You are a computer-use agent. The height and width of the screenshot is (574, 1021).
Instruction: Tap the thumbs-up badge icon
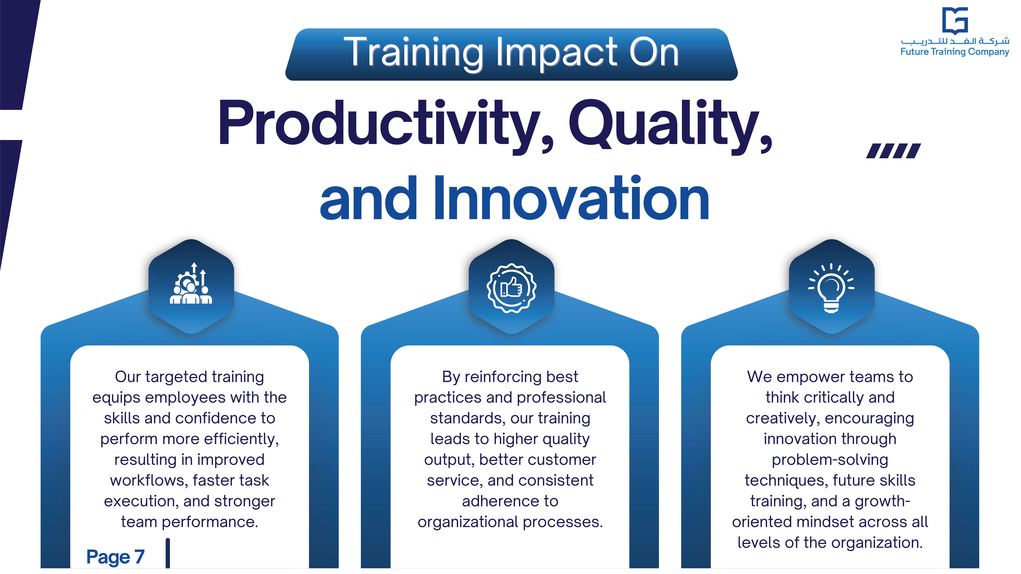[x=511, y=288]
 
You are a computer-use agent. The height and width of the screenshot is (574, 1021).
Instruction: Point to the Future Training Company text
[x=954, y=52]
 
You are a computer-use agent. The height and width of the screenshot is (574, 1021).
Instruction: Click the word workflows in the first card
[x=149, y=480]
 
